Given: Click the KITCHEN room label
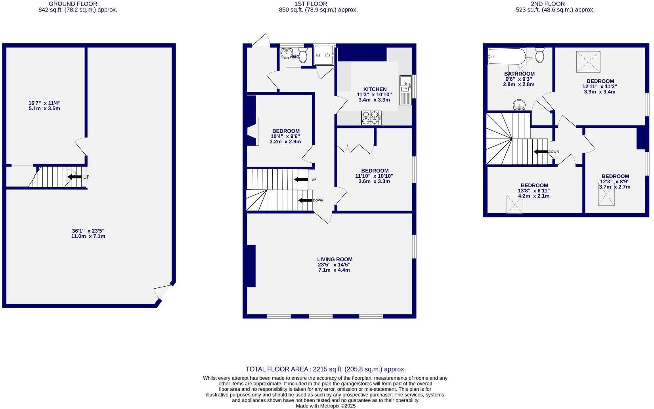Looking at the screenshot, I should coord(375,89).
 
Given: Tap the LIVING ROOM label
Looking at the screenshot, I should coord(335,259).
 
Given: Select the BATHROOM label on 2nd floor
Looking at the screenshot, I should coord(519,74).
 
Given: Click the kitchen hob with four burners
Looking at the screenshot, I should coord(371,118).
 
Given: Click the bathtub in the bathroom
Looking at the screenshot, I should coord(507,56).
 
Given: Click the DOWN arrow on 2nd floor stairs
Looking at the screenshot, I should coord(541,152).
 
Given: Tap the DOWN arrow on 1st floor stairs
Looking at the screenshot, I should coord(305,200).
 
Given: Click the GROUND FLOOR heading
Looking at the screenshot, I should coord(73,4).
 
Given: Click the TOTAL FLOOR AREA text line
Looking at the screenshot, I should coord(325,369).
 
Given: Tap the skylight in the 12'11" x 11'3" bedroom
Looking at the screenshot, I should coord(588,62).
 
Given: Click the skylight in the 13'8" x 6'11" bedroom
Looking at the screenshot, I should coord(514,204).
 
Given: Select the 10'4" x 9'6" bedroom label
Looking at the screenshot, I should coord(285,136).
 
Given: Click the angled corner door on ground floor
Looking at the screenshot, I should coord(163,292).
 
